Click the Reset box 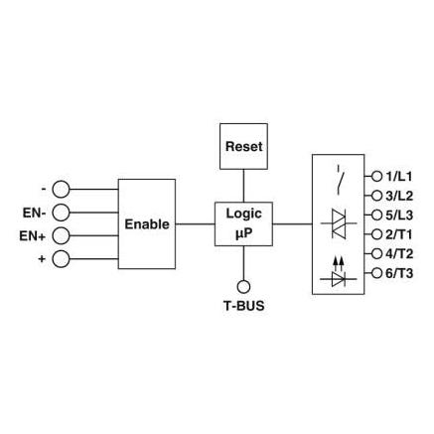point(243,146)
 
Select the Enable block point(147,224)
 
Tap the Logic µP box point(243,223)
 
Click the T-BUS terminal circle point(243,287)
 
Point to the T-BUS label point(244,306)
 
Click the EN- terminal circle point(61,213)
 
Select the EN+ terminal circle point(61,235)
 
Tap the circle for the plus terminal point(61,259)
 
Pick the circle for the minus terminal point(61,190)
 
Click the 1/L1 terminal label point(398,177)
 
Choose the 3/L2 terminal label point(399,196)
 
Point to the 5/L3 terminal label point(399,216)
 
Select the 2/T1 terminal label point(398,234)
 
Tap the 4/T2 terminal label point(399,254)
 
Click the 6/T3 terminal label point(399,273)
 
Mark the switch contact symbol point(339,182)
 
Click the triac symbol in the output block point(339,223)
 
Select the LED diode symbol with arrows point(339,271)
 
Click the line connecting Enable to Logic point(195,224)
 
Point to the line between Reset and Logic point(243,186)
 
